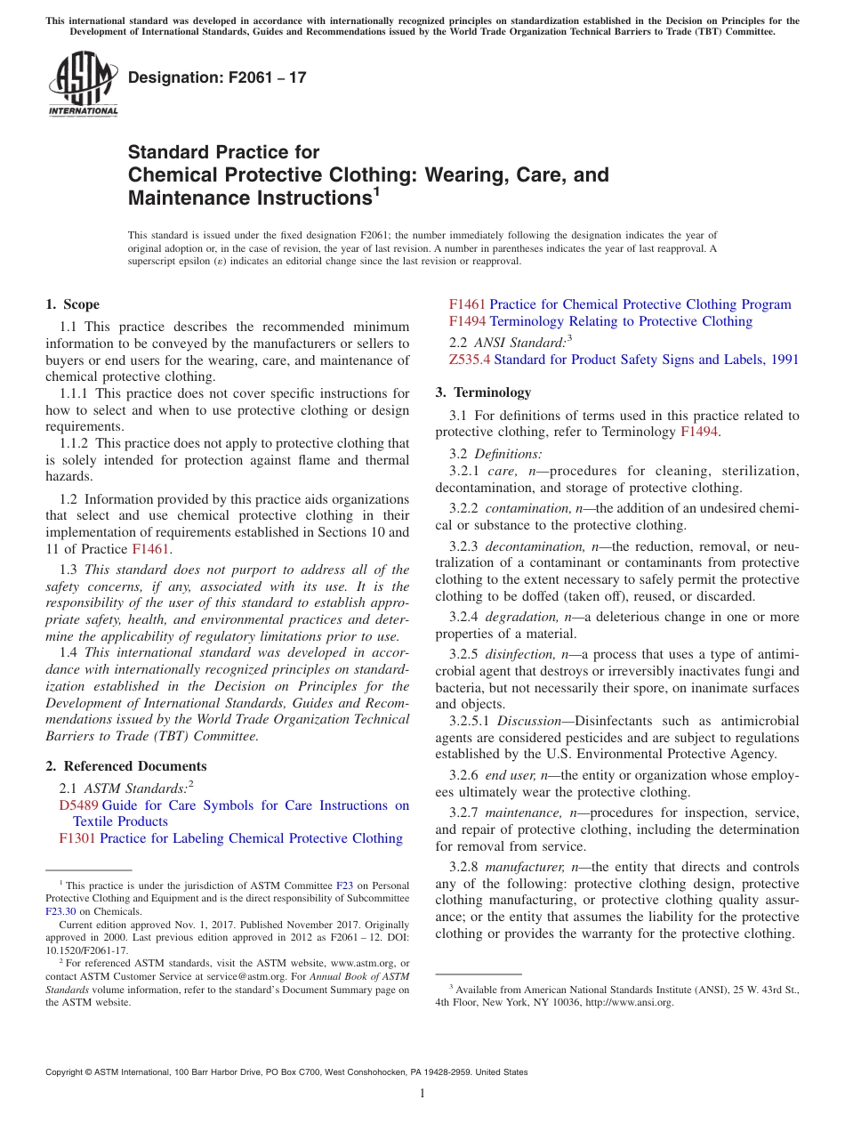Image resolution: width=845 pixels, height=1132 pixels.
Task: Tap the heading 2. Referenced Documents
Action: click(125, 766)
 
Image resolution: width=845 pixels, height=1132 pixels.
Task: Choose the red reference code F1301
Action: click(77, 838)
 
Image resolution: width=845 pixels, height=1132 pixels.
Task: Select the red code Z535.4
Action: click(470, 360)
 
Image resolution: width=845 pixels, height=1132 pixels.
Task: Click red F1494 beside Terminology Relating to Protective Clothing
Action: click(467, 321)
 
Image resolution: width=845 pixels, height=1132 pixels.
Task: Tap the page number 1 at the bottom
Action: click(422, 1094)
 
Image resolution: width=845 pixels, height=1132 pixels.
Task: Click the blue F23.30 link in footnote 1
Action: click(60, 911)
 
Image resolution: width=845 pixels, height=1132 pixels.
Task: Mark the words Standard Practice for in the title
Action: click(224, 152)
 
